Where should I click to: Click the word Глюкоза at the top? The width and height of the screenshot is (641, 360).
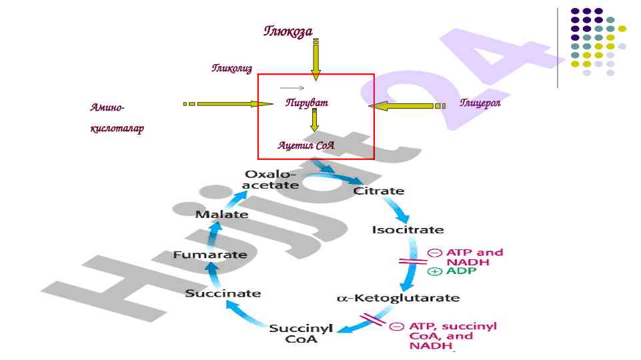click(x=288, y=31)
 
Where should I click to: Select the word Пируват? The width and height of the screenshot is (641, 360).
click(x=307, y=103)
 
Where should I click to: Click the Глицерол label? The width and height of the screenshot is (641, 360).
click(x=480, y=103)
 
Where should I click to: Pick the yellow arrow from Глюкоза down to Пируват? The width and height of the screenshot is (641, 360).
click(x=315, y=60)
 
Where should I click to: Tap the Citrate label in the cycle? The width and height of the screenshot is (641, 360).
click(x=378, y=191)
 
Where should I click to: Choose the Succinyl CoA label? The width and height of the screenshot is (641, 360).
click(x=297, y=333)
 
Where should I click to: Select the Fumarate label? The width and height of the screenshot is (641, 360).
click(x=210, y=255)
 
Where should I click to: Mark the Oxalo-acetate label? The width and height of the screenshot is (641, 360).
click(x=271, y=179)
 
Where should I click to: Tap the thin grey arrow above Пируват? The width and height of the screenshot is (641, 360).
click(x=292, y=88)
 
